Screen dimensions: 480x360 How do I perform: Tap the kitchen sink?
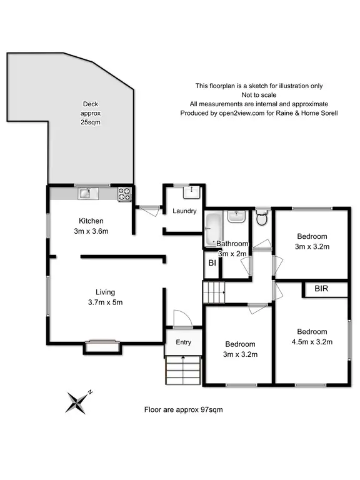(x=85, y=194)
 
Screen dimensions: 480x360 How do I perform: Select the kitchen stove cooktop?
(x=124, y=194)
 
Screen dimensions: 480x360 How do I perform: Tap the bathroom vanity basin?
(x=236, y=216)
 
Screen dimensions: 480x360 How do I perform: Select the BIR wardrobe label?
(x=322, y=290)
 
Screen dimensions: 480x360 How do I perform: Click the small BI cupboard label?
(x=212, y=264)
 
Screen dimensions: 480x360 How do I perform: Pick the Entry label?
(x=184, y=342)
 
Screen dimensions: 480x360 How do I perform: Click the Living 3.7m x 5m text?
(x=104, y=297)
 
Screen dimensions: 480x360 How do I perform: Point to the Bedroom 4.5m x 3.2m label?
(x=312, y=336)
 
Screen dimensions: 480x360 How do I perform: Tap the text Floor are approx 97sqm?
(x=183, y=410)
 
